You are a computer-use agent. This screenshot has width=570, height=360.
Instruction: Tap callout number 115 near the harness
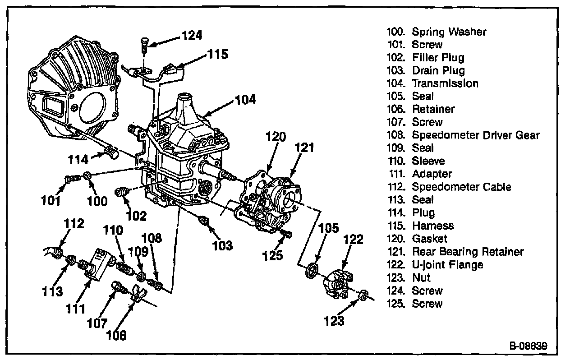coord(217,55)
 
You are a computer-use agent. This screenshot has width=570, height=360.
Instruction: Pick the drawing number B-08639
coord(529,346)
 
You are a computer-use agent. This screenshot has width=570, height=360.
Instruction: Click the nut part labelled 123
coord(361,295)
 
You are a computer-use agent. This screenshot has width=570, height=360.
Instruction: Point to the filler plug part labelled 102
coord(120,193)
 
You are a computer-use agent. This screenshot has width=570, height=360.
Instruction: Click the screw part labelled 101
coord(69,180)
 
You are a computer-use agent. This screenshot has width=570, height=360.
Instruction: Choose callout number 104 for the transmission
coord(245,100)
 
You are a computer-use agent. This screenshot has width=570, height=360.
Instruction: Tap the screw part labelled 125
coord(286,234)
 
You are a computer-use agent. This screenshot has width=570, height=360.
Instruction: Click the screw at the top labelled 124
coord(144,45)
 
